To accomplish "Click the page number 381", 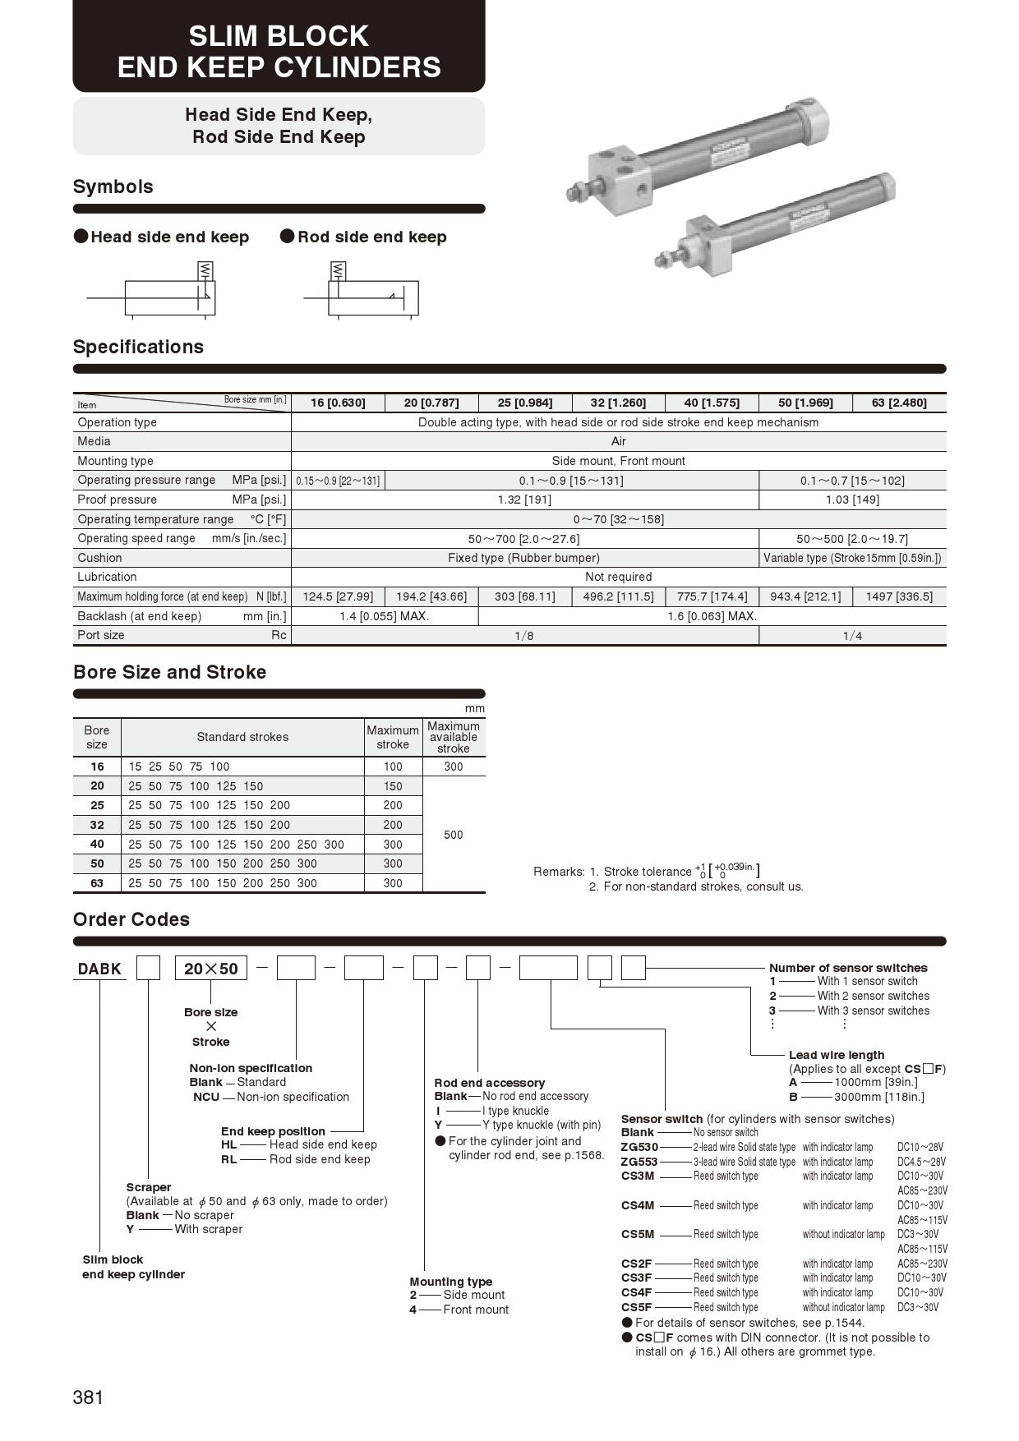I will click(x=88, y=1397).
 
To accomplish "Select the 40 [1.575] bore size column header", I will click(x=712, y=403).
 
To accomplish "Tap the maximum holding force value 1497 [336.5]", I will click(x=899, y=596).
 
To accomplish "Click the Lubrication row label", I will click(x=107, y=577).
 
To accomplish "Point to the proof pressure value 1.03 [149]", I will click(x=852, y=500).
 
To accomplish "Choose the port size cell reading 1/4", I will click(x=852, y=636).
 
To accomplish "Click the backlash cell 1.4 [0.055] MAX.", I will click(x=385, y=616).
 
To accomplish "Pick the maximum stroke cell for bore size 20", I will click(x=393, y=786).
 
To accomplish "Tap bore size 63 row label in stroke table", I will click(x=97, y=883).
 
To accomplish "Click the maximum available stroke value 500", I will click(x=453, y=835).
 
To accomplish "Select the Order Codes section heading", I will click(x=131, y=919).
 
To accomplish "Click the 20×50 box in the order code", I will click(x=210, y=969).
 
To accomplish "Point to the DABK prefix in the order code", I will click(x=99, y=969).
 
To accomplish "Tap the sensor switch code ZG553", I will click(x=639, y=1162).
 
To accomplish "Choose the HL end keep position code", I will click(x=228, y=1144).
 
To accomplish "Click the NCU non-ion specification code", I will click(x=206, y=1097).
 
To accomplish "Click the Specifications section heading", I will click(x=138, y=347).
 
